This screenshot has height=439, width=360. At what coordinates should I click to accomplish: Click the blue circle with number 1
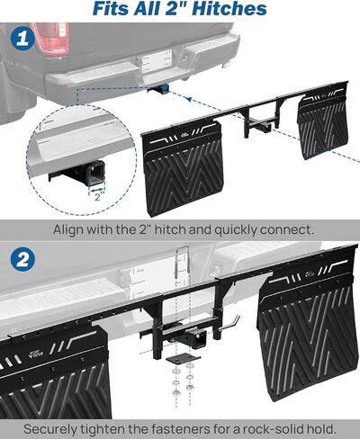click(x=22, y=39)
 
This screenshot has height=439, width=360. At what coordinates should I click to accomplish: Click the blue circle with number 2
click(x=22, y=259)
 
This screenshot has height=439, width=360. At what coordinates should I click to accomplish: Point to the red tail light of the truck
click(x=51, y=38)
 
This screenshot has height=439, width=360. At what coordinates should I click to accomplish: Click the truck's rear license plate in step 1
click(x=157, y=61)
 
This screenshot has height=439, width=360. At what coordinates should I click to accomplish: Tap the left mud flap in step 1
click(x=183, y=168)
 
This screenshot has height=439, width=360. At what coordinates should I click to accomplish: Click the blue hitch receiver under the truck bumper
click(x=158, y=89)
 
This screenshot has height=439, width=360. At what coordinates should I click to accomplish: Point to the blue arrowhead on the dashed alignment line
click(x=188, y=99)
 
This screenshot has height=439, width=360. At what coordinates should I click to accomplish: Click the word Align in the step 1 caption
click(x=65, y=230)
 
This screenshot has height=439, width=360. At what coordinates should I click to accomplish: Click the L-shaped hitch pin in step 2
click(x=229, y=326)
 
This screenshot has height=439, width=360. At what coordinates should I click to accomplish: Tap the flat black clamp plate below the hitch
click(x=184, y=358)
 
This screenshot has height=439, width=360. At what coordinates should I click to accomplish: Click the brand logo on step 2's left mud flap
click(x=37, y=354)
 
